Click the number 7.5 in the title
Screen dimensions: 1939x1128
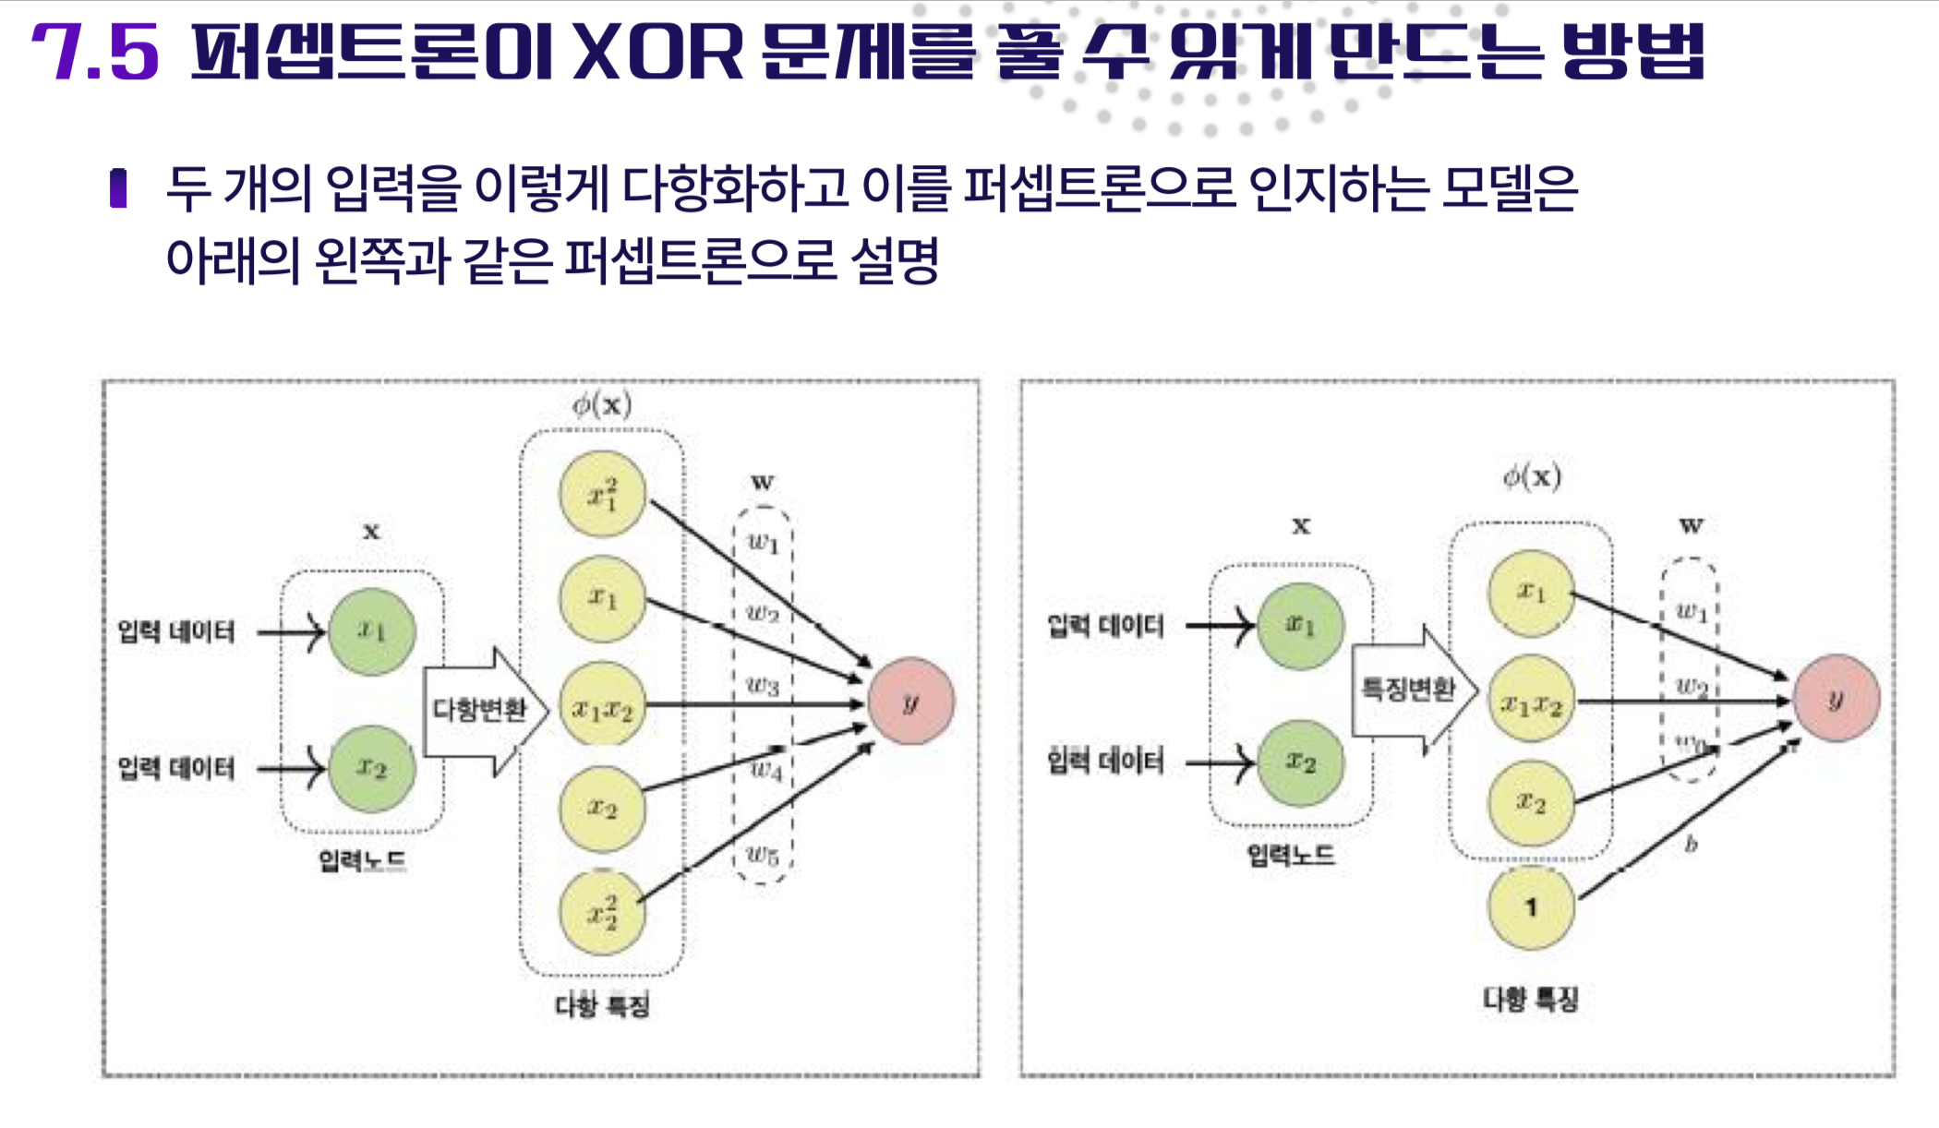coord(95,53)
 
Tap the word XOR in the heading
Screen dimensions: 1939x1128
coord(657,53)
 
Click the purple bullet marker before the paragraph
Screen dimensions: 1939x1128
coord(118,188)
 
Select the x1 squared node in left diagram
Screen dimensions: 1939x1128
coord(602,494)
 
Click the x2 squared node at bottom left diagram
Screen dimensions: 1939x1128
coord(602,913)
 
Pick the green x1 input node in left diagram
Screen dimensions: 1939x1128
coord(372,631)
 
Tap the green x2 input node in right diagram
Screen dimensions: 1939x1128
coord(1300,762)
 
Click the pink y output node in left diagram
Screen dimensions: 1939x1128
coord(910,702)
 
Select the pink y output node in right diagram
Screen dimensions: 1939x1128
coord(1836,698)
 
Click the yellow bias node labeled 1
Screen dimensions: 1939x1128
coord(1530,907)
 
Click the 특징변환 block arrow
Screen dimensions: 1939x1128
coord(1412,689)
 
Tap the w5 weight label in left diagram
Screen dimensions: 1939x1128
coord(763,855)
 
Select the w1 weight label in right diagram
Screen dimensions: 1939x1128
coord(1691,610)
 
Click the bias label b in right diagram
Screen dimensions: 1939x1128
coord(1691,844)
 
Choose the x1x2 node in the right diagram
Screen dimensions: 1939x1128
coord(1531,703)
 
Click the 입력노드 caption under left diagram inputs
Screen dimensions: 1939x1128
coord(362,860)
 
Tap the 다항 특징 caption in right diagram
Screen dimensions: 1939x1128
coord(1530,998)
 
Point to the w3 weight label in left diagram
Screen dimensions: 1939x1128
coord(763,685)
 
